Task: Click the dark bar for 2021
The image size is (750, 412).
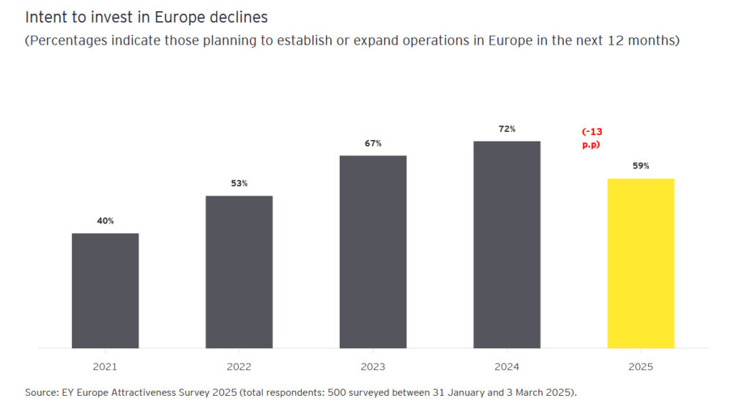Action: [x=105, y=290]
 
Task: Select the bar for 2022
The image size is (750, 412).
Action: [x=239, y=271]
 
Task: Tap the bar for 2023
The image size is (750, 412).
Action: [x=373, y=251]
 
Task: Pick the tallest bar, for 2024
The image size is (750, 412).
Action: [x=507, y=244]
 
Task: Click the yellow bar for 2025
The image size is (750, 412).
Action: [x=641, y=263]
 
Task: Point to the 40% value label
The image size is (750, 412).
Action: [x=105, y=221]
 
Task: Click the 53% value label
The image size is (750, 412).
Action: [x=239, y=183]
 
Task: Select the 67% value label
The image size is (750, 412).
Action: [x=373, y=144]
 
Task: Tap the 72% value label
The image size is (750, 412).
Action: [x=507, y=129]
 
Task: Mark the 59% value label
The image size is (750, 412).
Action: [x=641, y=166]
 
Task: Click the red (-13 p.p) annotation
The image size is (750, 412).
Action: [x=592, y=138]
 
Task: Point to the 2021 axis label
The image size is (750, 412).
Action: [x=105, y=367]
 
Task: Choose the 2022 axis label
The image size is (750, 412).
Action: [x=239, y=367]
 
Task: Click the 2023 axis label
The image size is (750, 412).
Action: [x=373, y=367]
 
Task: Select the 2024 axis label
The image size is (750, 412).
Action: [x=507, y=367]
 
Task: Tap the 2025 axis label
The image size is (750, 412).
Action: [x=641, y=367]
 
